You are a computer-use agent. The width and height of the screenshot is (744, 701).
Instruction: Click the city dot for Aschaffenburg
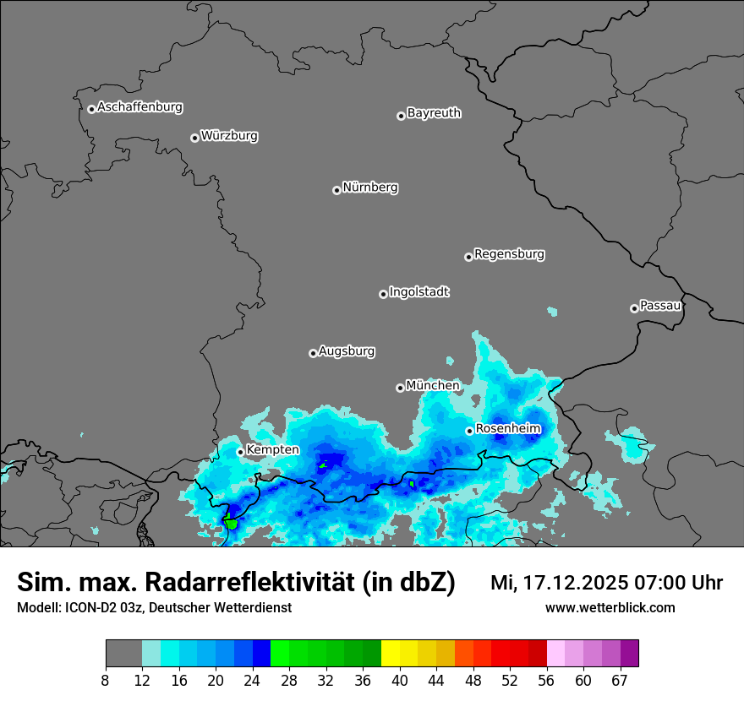pyautogui.click(x=91, y=109)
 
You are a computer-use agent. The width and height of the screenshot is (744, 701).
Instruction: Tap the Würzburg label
pyautogui.click(x=229, y=136)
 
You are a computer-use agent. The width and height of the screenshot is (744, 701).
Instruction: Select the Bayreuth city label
pyautogui.click(x=434, y=113)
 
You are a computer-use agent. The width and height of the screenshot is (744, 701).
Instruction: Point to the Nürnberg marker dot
pyautogui.click(x=336, y=190)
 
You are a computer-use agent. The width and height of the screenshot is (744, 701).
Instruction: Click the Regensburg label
pyautogui.click(x=509, y=254)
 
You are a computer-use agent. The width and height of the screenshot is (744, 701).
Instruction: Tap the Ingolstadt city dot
pyautogui.click(x=383, y=294)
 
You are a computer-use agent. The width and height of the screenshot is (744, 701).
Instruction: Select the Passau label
pyautogui.click(x=660, y=306)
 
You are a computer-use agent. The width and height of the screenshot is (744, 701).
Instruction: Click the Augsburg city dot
pyautogui.click(x=313, y=353)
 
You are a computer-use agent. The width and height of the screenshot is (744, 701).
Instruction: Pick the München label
pyautogui.click(x=433, y=386)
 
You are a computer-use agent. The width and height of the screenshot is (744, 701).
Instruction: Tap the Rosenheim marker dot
pyautogui.click(x=469, y=431)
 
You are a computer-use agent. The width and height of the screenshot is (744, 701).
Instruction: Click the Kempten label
pyautogui.click(x=272, y=450)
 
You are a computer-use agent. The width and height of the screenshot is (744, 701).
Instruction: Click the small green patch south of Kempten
pyautogui.click(x=230, y=522)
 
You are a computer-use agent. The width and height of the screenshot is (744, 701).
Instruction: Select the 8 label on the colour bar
pyautogui.click(x=106, y=680)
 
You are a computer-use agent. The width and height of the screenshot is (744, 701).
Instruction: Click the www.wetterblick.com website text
pyautogui.click(x=610, y=607)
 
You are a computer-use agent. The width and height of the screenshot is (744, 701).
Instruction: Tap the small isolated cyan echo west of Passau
pyautogui.click(x=552, y=312)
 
